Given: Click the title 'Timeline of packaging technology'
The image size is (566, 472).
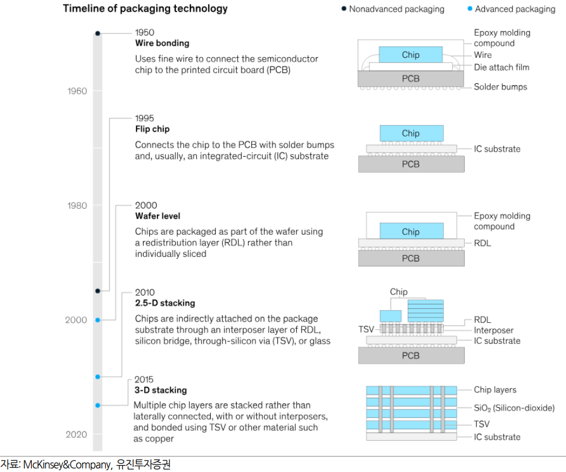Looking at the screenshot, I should [145, 9].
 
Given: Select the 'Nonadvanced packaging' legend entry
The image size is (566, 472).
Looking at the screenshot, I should [396, 9].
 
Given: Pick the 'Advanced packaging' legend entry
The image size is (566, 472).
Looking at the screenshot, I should [514, 9].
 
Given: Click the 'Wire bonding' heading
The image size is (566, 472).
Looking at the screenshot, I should [162, 43].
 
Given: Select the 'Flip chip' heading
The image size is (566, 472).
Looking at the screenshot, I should [152, 129].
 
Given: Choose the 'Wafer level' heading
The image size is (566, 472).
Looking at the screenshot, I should [157, 216].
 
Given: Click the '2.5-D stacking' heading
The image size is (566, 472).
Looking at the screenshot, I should [165, 303].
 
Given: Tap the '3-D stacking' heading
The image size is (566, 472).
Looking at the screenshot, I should [160, 390].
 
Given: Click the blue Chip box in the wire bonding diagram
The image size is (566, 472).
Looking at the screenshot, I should [410, 55].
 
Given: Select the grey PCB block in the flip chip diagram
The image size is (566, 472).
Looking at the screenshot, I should [410, 164].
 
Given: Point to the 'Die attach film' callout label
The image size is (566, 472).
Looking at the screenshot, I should [501, 67].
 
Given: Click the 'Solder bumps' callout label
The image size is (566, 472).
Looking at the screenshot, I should [500, 87].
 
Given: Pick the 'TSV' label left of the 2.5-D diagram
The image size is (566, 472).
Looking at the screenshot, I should [366, 329].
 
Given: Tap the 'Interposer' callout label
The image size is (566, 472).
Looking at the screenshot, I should [494, 330].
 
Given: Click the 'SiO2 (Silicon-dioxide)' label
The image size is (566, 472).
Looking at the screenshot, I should [514, 408].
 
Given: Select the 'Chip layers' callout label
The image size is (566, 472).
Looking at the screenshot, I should [495, 390].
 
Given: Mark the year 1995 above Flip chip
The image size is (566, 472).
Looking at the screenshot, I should [145, 119].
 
